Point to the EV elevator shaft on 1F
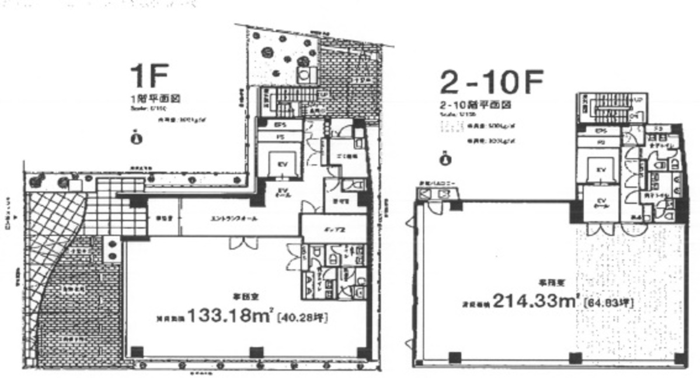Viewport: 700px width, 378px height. pos(280,162)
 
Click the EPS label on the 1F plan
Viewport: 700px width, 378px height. pos(279,125)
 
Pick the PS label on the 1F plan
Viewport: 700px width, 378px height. pos(279,136)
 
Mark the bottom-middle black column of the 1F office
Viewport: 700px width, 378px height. pos(253,352)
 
